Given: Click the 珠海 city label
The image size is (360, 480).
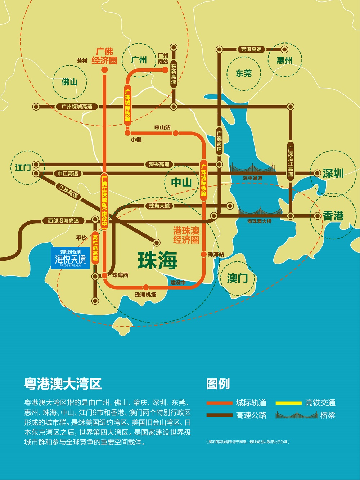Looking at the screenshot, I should tap(157, 260).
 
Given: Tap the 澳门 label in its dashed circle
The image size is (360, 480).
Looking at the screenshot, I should tap(237, 278).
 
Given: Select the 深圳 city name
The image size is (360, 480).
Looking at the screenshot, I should tap(333, 173).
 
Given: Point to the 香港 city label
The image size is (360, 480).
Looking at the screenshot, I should tap(333, 216).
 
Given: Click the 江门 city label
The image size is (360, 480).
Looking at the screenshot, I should tap(23, 167).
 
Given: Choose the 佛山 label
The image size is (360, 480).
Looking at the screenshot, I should tap(69, 82).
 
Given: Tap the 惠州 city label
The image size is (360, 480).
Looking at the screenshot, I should tap(284, 60).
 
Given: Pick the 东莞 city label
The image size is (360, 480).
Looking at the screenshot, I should tap(243, 73).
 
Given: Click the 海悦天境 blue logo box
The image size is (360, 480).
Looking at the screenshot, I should tap(70, 258).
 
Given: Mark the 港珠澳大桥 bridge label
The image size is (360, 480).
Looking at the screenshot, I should tap(259, 221).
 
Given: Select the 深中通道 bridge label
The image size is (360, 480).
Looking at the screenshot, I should tap(252, 178).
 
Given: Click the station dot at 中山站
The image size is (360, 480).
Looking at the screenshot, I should tap(176, 133).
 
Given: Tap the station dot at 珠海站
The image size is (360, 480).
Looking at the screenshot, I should tap(204, 254).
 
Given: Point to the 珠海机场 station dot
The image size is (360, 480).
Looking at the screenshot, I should tap(146, 287).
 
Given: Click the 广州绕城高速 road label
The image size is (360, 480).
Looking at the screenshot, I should tap(77, 107).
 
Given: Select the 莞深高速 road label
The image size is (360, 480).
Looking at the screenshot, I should tap(251, 49).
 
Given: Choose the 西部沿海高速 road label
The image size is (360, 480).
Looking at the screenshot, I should tap(63, 220).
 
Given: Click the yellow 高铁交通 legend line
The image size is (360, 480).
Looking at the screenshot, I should tap(288, 403).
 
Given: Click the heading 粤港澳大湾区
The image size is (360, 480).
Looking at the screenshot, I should tap(63, 384).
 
